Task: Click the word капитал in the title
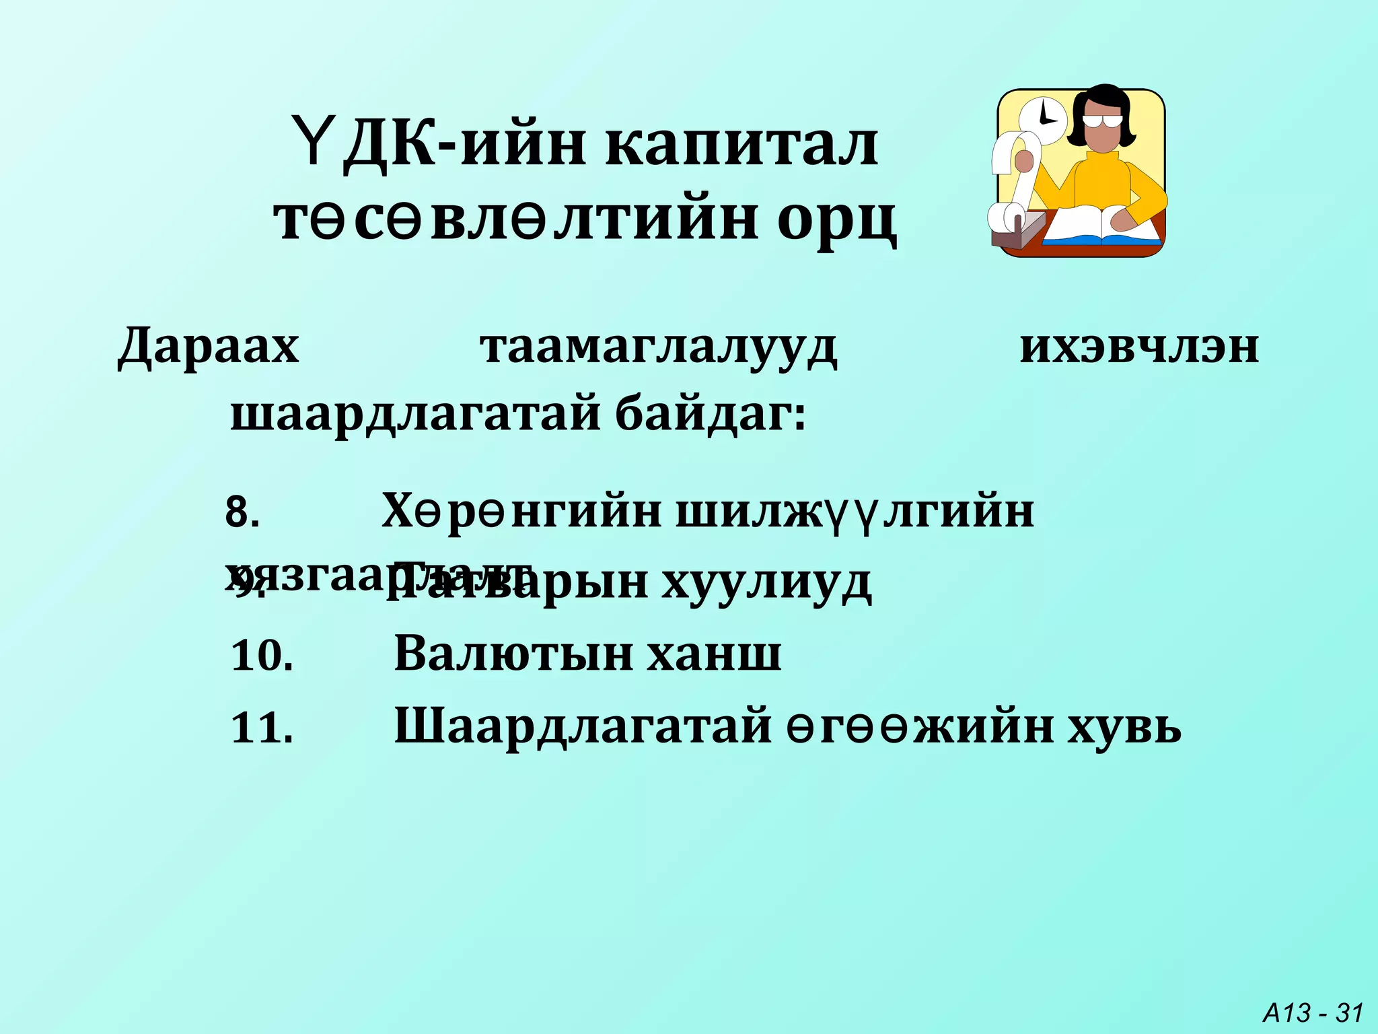(741, 145)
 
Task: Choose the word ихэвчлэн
(1138, 348)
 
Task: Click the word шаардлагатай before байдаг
(415, 415)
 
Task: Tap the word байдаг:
(711, 415)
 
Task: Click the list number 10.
(262, 655)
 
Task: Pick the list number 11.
(262, 728)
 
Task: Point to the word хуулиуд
(766, 583)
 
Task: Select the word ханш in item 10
(714, 654)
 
